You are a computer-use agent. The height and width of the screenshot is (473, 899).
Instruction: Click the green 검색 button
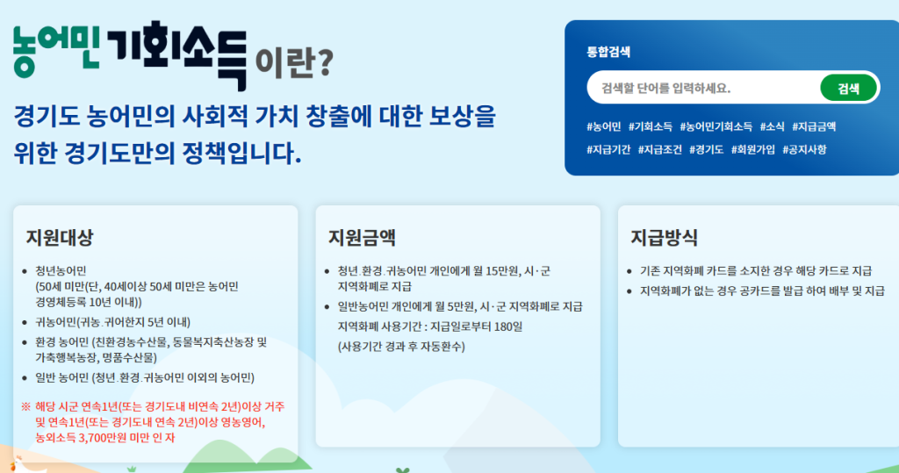tap(849, 89)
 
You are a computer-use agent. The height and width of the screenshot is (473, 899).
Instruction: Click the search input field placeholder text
tap(665, 89)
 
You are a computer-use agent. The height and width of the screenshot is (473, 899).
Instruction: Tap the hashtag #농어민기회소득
tap(716, 126)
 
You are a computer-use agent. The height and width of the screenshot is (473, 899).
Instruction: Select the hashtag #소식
tap(772, 126)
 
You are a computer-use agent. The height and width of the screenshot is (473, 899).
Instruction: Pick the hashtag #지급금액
tap(814, 126)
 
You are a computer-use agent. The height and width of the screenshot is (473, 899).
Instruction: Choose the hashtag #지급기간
tap(608, 150)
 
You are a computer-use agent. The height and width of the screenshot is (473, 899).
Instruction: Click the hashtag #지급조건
tap(660, 150)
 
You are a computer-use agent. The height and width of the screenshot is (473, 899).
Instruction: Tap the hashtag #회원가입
tap(752, 150)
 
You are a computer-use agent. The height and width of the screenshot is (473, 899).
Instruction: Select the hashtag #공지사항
tap(804, 150)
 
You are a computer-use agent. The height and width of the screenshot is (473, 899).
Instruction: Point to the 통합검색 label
tap(608, 52)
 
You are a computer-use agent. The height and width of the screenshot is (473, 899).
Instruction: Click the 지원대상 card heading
tap(59, 237)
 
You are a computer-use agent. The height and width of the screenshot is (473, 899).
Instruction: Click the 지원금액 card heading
tap(362, 237)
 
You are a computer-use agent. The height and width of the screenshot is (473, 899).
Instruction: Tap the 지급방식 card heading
tap(664, 237)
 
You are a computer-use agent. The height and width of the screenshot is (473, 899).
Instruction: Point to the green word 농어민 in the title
tap(56, 50)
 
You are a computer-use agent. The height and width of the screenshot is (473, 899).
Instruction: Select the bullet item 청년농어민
tap(61, 270)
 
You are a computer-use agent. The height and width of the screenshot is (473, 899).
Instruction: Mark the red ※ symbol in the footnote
tap(25, 406)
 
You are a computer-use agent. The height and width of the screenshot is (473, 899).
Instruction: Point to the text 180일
tap(510, 326)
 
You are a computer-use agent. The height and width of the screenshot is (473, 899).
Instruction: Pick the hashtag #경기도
tap(707, 150)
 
